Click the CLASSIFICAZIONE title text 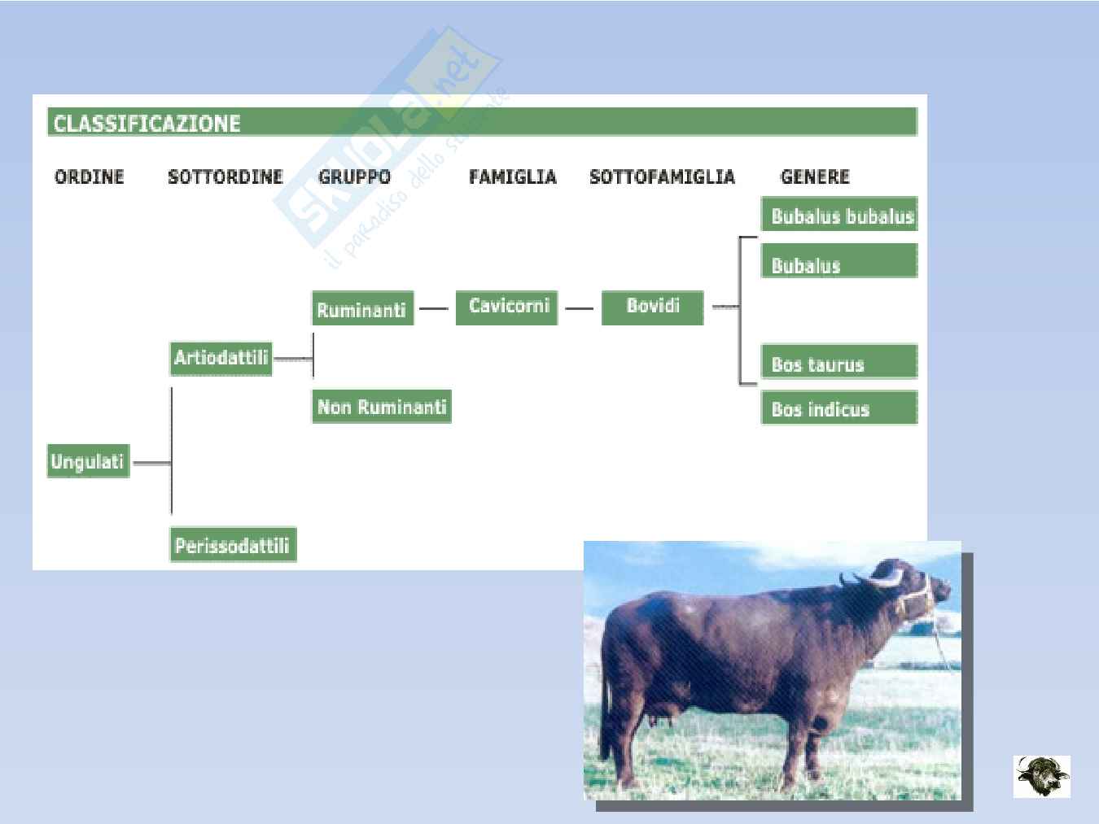pyautogui.click(x=147, y=124)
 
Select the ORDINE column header pyautogui.click(x=89, y=177)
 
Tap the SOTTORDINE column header pyautogui.click(x=225, y=177)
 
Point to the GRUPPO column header pyautogui.click(x=354, y=177)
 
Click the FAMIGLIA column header pyautogui.click(x=513, y=177)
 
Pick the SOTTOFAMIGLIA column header pyautogui.click(x=663, y=177)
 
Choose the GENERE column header pyautogui.click(x=815, y=177)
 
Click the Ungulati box pyautogui.click(x=88, y=460)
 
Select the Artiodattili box pyautogui.click(x=221, y=358)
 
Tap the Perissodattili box pyautogui.click(x=234, y=544)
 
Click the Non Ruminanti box pyautogui.click(x=382, y=406)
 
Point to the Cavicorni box pyautogui.click(x=506, y=307)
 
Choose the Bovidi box pyautogui.click(x=652, y=307)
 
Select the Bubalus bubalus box pyautogui.click(x=839, y=214)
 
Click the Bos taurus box pyautogui.click(x=839, y=361)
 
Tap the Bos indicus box pyautogui.click(x=839, y=408)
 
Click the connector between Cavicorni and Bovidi pyautogui.click(x=580, y=308)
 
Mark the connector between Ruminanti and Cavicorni pyautogui.click(x=434, y=308)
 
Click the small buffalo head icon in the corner pyautogui.click(x=1042, y=776)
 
